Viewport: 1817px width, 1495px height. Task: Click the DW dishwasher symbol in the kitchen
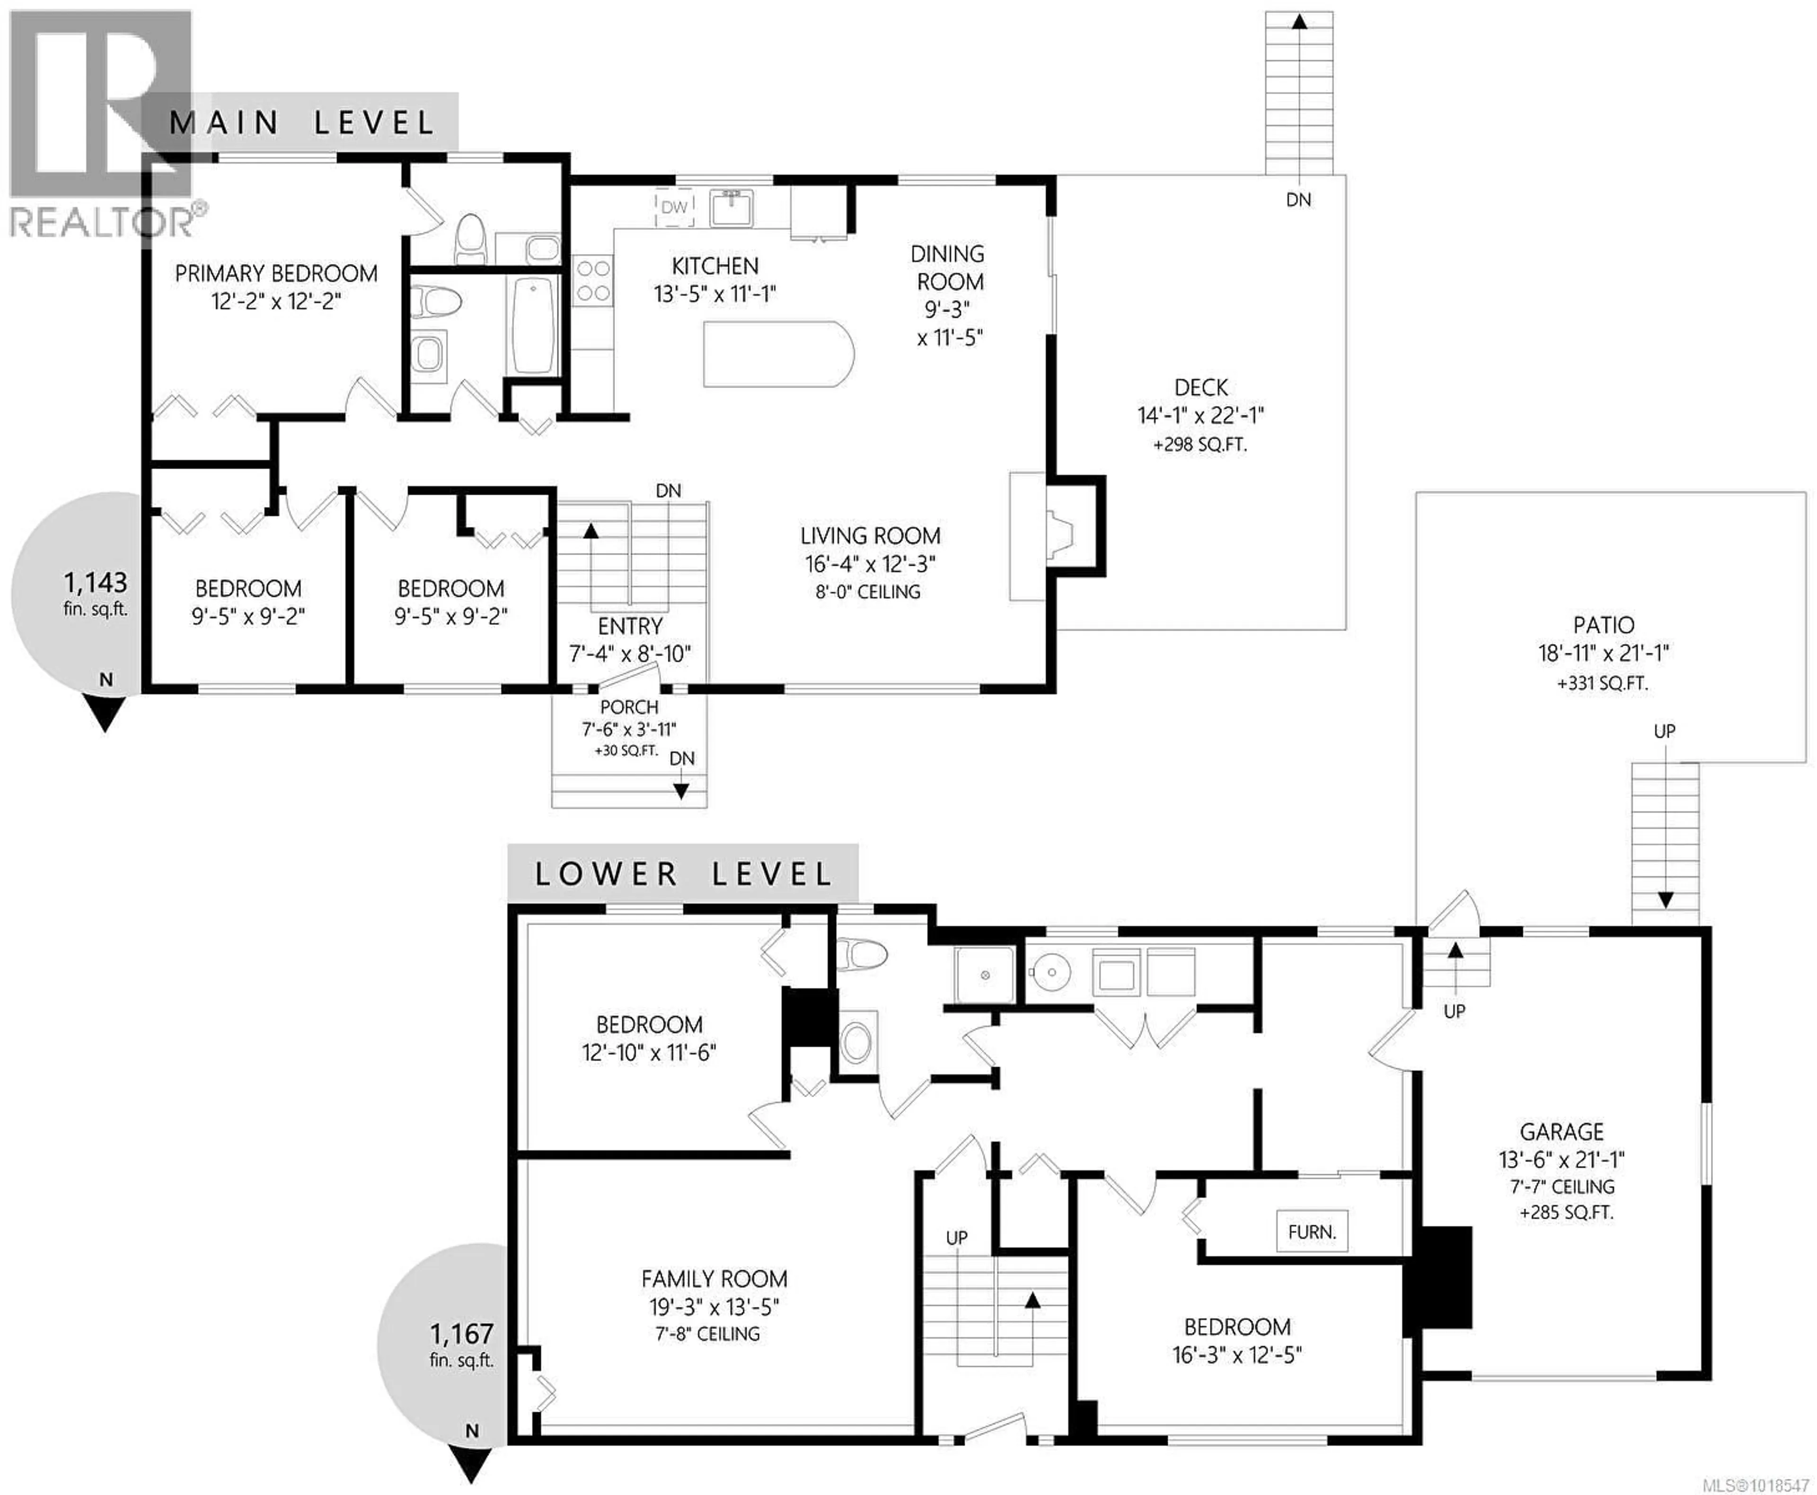click(674, 208)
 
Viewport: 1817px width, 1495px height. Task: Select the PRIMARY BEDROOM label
click(275, 274)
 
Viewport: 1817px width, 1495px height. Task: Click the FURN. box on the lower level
click(1312, 1232)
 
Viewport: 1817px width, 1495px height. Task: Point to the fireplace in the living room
click(1058, 536)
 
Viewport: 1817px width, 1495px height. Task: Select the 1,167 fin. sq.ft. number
click(461, 1334)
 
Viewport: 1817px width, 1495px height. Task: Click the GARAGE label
click(1561, 1132)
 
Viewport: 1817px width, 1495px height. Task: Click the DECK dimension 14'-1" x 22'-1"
click(1200, 415)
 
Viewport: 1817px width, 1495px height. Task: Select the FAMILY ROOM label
click(714, 1279)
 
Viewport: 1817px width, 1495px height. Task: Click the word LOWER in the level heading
click(606, 875)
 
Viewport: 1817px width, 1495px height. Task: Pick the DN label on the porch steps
click(682, 759)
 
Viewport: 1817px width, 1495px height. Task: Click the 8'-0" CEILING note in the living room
click(868, 592)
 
